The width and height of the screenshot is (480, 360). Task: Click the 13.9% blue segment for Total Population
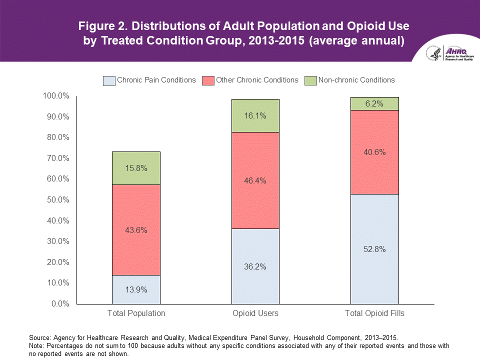pos(136,289)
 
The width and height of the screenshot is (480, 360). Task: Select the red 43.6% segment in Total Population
pos(136,230)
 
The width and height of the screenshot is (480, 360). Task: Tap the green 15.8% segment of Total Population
pos(136,168)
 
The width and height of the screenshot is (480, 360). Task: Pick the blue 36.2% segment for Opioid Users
pos(255,266)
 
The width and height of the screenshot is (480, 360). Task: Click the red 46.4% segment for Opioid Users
pos(255,180)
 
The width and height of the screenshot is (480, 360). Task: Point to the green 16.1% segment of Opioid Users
pos(255,115)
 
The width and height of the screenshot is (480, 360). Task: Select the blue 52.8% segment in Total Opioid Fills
pos(374,249)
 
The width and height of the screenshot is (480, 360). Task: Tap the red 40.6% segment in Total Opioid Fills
pos(374,152)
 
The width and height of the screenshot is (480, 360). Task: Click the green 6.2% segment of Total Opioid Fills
pos(374,104)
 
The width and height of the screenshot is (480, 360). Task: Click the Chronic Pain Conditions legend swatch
pos(108,80)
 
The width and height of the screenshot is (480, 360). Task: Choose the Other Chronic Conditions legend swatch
pos(208,80)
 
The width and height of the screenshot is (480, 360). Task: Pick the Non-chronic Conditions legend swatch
pos(310,80)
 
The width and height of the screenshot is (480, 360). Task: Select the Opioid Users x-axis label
pos(255,313)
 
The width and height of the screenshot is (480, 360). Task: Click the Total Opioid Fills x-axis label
pos(374,313)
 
